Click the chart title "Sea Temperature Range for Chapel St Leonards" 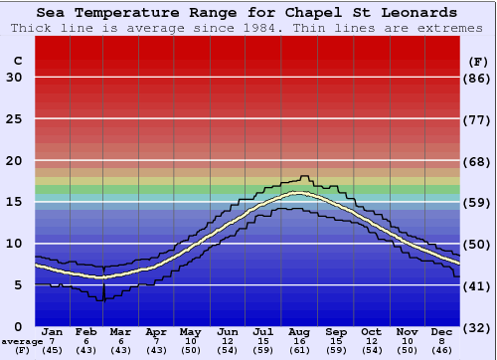pos(248,13)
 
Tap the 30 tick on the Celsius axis pos(15,78)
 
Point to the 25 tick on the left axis pos(15,119)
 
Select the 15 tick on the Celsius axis pos(15,202)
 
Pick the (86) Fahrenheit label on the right pos(478,78)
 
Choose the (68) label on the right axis pos(478,161)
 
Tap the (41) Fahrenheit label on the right pos(478,285)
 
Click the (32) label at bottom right pos(478,328)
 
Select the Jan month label pos(53,331)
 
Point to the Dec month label pos(442,331)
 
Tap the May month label pos(189,331)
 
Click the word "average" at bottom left pos(22,341)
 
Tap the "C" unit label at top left pos(17,61)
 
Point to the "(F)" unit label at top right pos(478,61)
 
